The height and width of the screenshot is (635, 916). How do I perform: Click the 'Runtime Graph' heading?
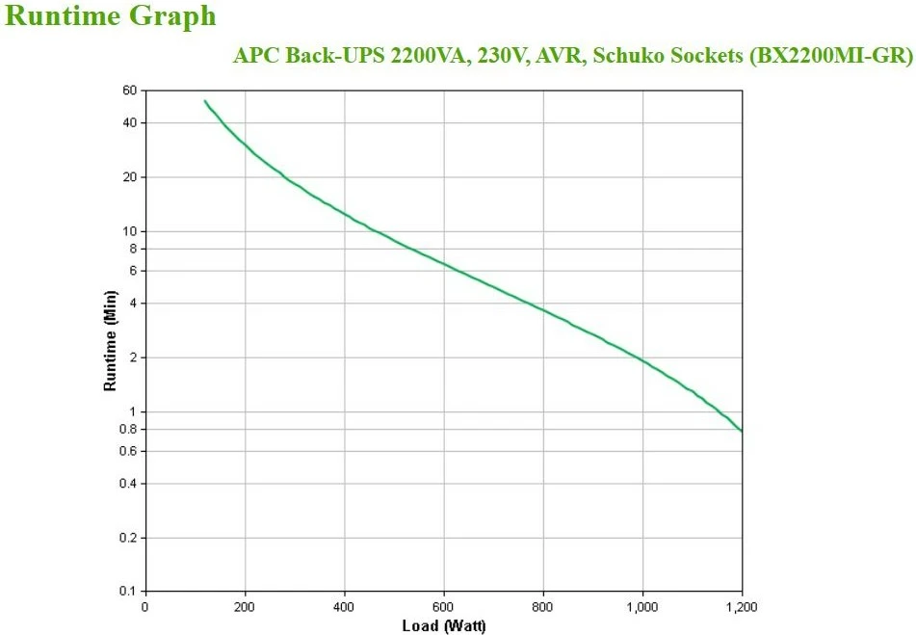click(x=111, y=16)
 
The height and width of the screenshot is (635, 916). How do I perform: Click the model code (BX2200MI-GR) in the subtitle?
click(x=830, y=55)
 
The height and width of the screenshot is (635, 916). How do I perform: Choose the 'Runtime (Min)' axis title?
click(x=110, y=341)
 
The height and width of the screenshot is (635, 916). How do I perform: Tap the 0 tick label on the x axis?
click(x=145, y=606)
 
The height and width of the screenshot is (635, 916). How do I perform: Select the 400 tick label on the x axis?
click(x=345, y=606)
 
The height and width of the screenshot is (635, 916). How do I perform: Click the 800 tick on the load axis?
click(x=543, y=606)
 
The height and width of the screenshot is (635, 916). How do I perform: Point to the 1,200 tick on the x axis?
click(x=741, y=606)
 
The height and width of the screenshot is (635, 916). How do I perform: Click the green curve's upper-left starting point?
click(x=204, y=100)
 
